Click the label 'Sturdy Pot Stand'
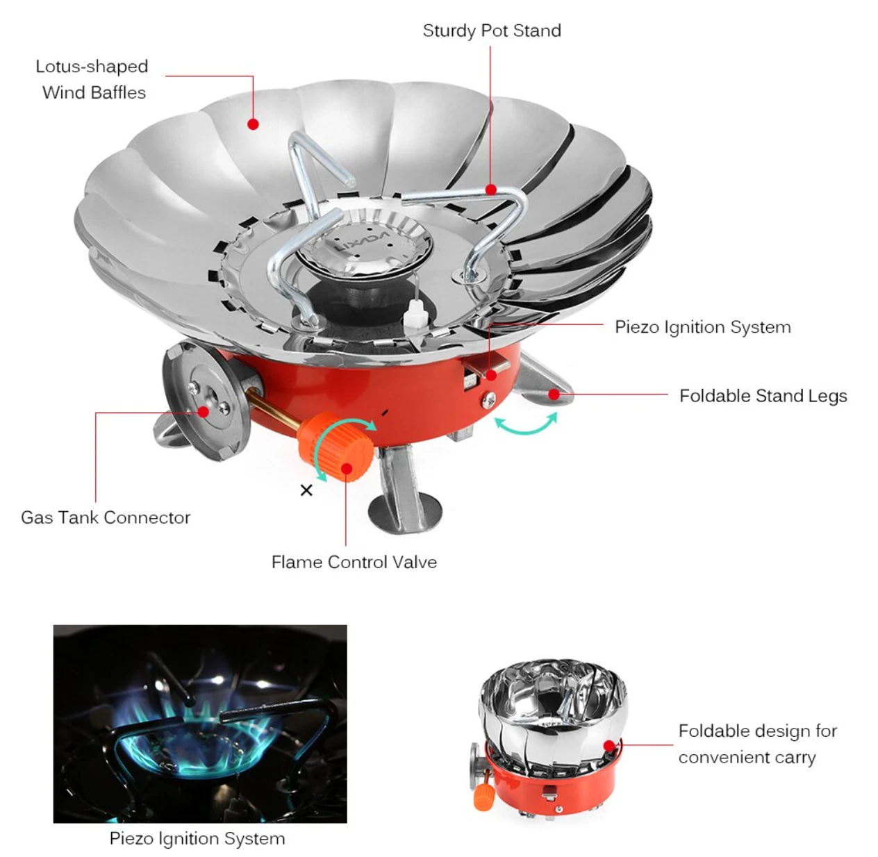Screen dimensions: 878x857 pos(491,31)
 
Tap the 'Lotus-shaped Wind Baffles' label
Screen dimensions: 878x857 pos(92,79)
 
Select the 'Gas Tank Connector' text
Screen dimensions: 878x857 pos(106,517)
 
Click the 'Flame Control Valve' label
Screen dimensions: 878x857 pos(354,562)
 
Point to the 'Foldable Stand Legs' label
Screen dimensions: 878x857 pos(763,396)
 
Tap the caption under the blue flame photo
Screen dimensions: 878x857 pos(197,838)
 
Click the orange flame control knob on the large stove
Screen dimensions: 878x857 pos(335,447)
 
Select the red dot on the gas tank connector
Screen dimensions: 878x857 pos(204,412)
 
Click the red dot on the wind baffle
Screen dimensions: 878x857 pos(253,124)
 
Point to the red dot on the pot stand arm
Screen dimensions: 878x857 pos(491,190)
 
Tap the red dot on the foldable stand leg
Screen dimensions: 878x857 pos(554,394)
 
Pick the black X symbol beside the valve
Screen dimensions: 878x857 pos(306,490)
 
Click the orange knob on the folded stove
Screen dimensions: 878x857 pos(483,797)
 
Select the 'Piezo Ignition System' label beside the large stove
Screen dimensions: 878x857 pos(702,327)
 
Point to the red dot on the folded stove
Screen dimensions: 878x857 pos(609,746)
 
